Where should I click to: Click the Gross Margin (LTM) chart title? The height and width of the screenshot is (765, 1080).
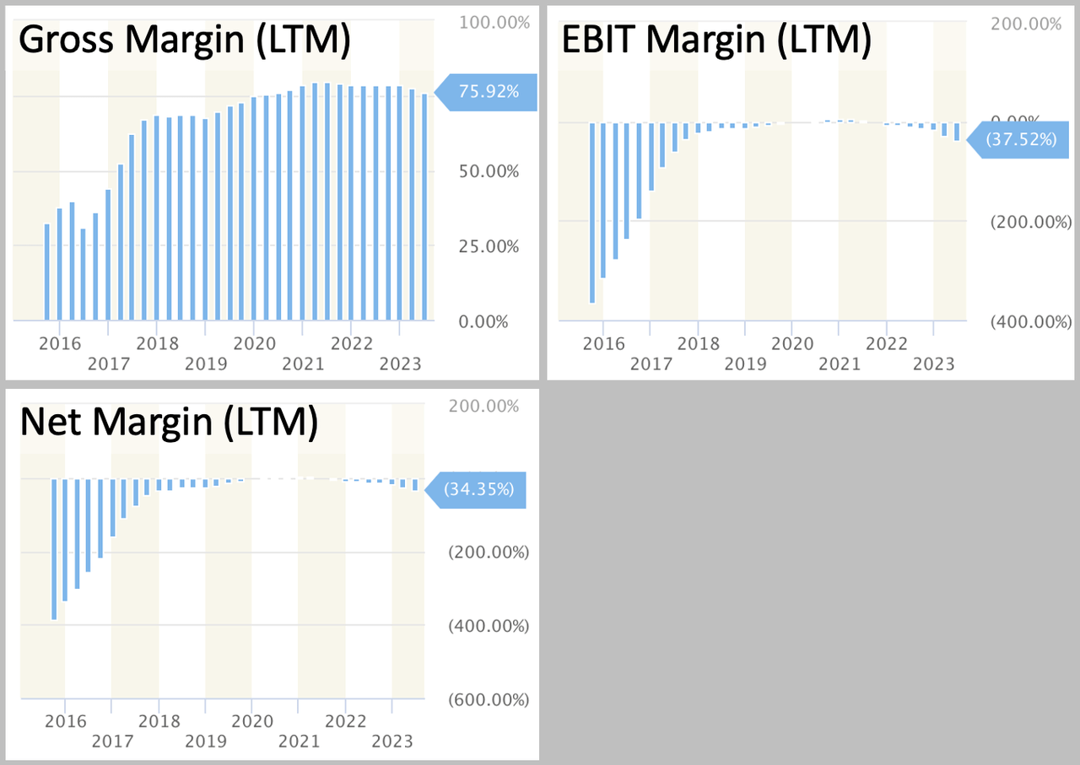click(x=184, y=40)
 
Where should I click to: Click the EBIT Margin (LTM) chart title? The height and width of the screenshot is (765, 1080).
click(x=715, y=40)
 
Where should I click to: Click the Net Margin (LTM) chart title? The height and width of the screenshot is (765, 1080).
click(x=169, y=423)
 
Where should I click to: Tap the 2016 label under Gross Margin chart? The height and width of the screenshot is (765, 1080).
click(x=60, y=343)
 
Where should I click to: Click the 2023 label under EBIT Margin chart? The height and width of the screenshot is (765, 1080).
click(x=934, y=364)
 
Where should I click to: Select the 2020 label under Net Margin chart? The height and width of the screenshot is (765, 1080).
click(x=252, y=721)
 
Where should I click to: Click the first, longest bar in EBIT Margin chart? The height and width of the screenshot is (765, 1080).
click(x=592, y=213)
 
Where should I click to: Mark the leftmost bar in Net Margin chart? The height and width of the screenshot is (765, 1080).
click(x=54, y=549)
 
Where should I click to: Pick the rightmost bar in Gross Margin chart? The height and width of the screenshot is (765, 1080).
click(x=424, y=207)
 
